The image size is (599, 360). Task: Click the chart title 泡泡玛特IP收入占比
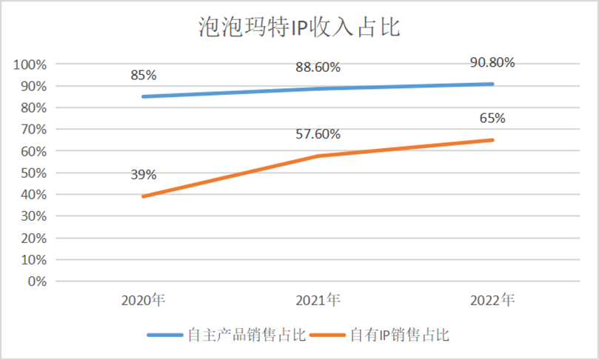pyautogui.click(x=299, y=27)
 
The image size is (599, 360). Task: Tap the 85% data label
pyautogui.click(x=143, y=75)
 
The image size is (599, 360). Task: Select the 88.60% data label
pyautogui.click(x=318, y=67)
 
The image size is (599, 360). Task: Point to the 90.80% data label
pyautogui.click(x=492, y=62)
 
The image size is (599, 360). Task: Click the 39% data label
pyautogui.click(x=143, y=175)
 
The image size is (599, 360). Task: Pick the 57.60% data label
pyautogui.click(x=318, y=134)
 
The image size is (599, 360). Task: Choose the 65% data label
pyautogui.click(x=492, y=118)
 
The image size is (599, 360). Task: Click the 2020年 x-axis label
pyautogui.click(x=143, y=301)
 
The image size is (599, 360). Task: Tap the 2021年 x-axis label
pyautogui.click(x=318, y=301)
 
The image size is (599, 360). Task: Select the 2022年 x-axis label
pyautogui.click(x=492, y=301)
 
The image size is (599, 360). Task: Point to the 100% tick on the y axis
pyautogui.click(x=30, y=64)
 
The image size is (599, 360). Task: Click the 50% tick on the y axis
pyautogui.click(x=33, y=173)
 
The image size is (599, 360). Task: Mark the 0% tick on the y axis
pyautogui.click(x=36, y=281)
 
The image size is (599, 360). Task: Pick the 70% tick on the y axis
pyautogui.click(x=33, y=130)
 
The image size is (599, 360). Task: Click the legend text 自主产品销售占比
pyautogui.click(x=247, y=335)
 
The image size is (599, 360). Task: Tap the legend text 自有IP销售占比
pyautogui.click(x=399, y=335)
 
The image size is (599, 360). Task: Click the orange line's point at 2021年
pyautogui.click(x=318, y=156)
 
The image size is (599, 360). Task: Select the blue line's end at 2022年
pyautogui.click(x=492, y=84)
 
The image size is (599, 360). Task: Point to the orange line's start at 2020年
pyautogui.click(x=143, y=196)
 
